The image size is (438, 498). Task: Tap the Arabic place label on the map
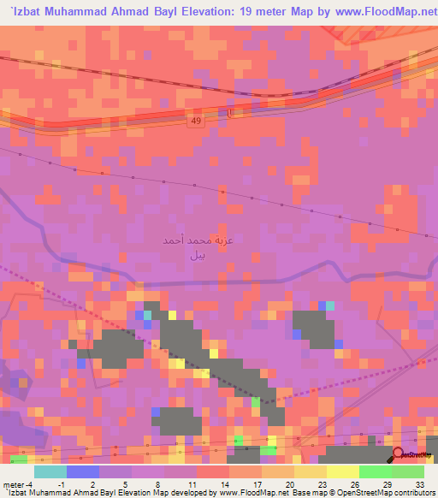coord(185,248)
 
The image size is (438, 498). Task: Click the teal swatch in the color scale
coord(50,471)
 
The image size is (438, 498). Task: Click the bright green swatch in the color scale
coord(376,471)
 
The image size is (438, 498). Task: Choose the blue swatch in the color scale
coord(83,471)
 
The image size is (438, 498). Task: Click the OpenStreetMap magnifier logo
coord(399,454)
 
